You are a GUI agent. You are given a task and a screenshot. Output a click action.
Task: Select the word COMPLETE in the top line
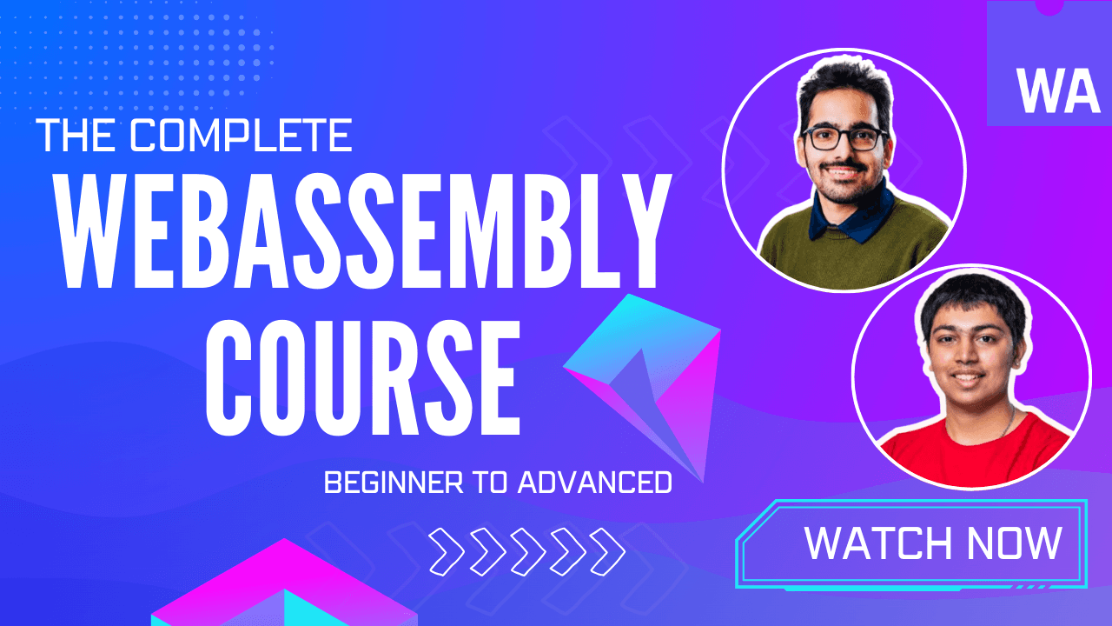coord(242,137)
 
